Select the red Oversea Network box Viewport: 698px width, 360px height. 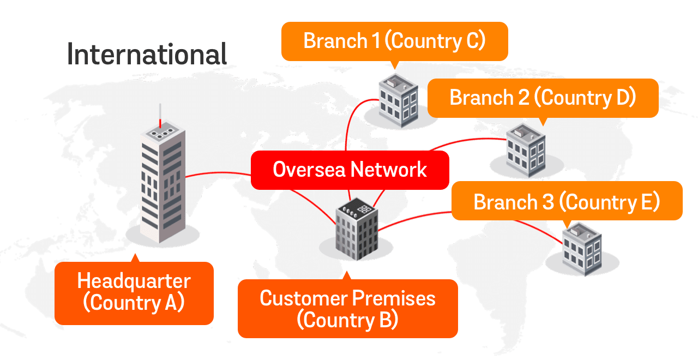350,170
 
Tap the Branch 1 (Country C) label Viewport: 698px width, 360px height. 394,41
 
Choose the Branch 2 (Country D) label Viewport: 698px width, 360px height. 543,98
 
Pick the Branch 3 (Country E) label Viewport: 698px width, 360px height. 567,201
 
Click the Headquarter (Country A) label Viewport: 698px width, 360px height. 134,292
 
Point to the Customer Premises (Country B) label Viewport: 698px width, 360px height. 347,309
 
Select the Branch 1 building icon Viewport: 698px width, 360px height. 398,100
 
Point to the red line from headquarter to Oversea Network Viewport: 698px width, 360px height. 218,175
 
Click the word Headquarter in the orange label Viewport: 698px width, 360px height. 134,281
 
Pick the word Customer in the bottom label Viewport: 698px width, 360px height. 303,298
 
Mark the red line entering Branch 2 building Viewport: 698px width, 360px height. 474,139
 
